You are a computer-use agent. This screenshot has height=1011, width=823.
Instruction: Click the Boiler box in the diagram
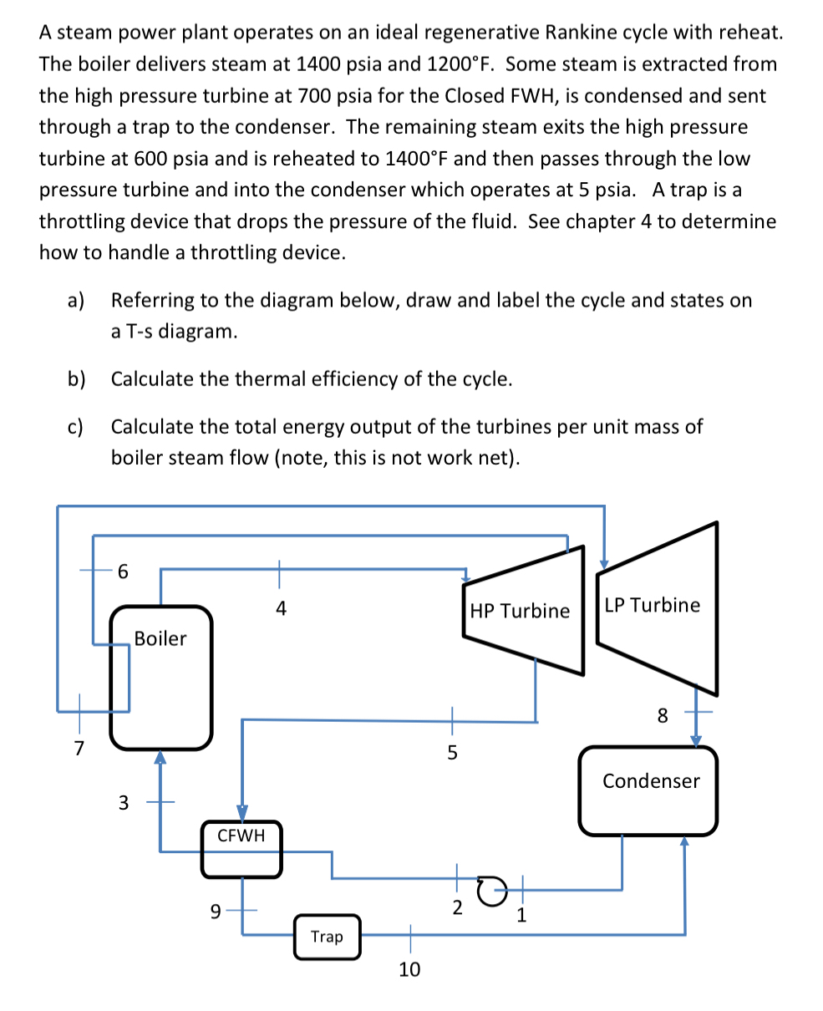160,678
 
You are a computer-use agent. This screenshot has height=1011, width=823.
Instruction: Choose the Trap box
327,937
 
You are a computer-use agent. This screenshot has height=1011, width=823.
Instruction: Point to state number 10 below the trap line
409,969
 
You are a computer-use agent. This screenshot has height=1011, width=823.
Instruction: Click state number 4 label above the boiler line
281,609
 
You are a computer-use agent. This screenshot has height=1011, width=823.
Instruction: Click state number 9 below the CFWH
216,912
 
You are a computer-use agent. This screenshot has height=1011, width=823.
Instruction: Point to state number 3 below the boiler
124,803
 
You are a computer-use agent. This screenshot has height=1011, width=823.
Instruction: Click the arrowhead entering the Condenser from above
695,740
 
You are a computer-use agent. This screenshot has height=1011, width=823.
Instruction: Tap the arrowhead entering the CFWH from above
242,813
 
